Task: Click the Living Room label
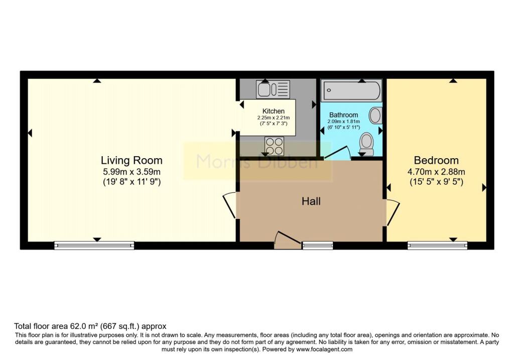point(132,160)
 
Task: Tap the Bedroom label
point(436,160)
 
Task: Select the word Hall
point(311,201)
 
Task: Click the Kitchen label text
point(274,111)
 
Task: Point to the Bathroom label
point(343,115)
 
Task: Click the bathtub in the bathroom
point(352,90)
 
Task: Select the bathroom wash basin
point(375,115)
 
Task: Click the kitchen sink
point(273,89)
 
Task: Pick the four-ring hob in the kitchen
point(275,146)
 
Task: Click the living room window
point(94,245)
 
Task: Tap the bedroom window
point(437,245)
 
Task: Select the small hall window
point(318,245)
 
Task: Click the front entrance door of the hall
point(288,241)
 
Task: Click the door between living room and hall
point(229,205)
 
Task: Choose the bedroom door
point(393,212)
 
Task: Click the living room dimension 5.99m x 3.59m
point(132,172)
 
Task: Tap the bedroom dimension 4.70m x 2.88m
point(436,172)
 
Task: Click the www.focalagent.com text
point(324,349)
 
